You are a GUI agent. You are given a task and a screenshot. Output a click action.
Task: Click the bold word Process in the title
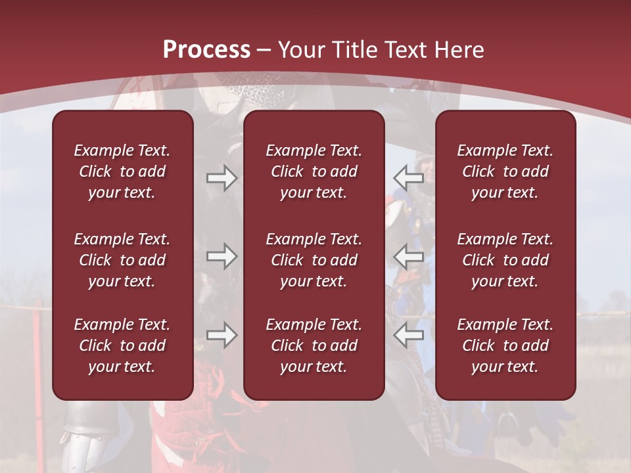click(206, 50)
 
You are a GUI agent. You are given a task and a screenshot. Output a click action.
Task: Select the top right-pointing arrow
click(222, 178)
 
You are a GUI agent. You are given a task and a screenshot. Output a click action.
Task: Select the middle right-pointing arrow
click(222, 256)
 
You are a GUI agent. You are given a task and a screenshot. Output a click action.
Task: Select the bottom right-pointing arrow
click(222, 334)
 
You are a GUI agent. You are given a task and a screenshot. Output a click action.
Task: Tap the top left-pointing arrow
click(408, 178)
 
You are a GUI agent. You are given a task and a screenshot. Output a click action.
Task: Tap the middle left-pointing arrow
click(408, 256)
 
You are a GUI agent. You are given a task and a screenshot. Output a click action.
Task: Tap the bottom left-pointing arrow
click(408, 334)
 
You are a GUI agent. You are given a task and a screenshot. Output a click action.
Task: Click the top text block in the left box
click(122, 171)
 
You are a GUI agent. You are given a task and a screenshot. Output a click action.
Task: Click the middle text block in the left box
click(122, 260)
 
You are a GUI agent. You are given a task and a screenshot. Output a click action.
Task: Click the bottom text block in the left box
click(122, 346)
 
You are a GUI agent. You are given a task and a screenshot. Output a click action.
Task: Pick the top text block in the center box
click(314, 171)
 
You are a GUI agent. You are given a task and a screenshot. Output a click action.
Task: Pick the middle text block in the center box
click(314, 260)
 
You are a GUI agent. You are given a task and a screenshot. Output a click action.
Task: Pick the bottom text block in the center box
click(314, 346)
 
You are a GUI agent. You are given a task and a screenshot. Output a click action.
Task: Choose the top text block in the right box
click(505, 171)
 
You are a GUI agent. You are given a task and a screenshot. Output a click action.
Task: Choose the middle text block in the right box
click(505, 260)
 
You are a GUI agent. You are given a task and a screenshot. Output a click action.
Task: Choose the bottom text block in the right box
click(505, 346)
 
